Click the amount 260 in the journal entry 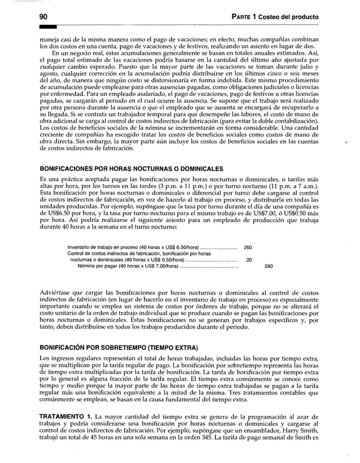click(x=248, y=248)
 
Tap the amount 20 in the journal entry click(x=249, y=260)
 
